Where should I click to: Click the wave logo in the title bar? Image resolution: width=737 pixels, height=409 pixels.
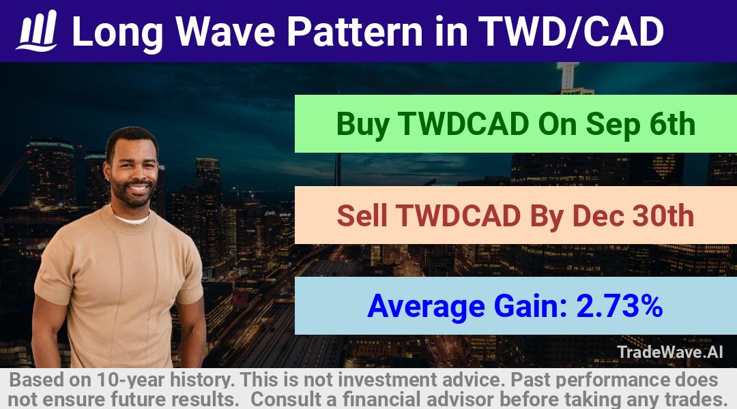37,31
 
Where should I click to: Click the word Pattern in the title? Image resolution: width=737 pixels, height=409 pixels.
355,31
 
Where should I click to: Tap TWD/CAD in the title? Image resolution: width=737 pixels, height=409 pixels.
570,31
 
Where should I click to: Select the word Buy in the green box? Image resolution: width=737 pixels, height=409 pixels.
363,125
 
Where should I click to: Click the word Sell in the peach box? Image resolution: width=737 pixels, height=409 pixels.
362,215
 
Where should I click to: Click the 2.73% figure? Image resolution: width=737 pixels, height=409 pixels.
619,305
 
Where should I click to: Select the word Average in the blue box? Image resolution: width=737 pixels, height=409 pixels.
426,307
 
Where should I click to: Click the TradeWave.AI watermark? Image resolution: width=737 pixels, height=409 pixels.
670,352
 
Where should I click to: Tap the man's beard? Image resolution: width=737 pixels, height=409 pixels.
133,194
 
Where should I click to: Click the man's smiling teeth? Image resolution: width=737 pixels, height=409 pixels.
138,188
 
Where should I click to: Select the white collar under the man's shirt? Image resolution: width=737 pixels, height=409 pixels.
132,218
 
